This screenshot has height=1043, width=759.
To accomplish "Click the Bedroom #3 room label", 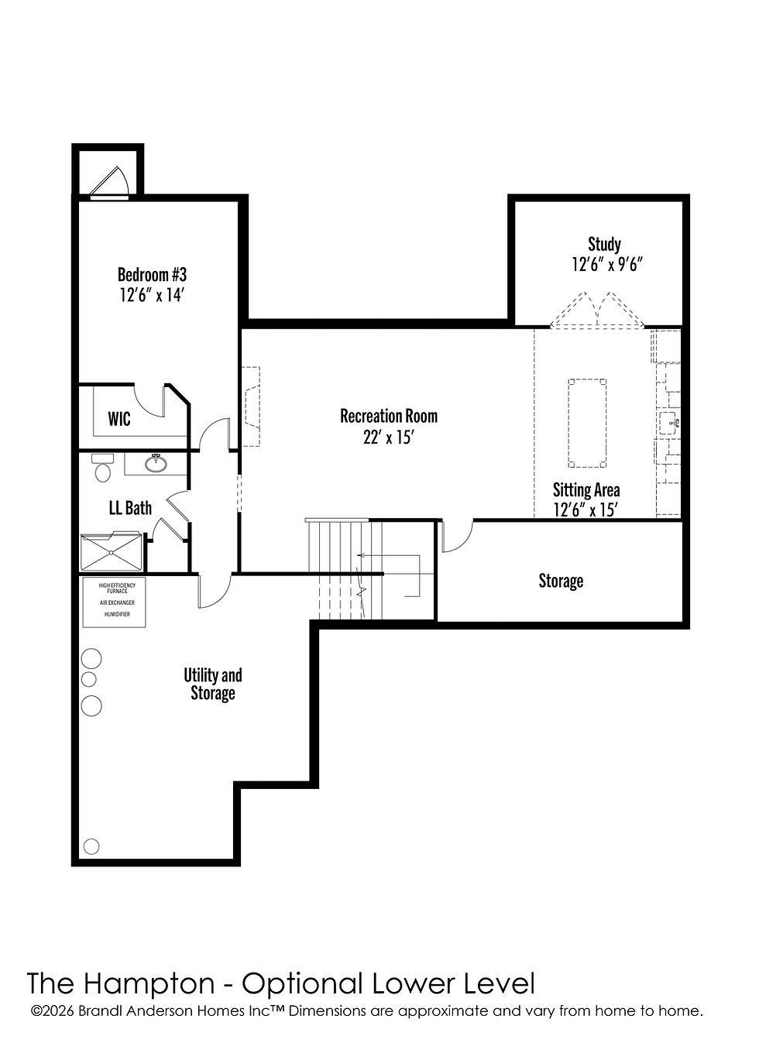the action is [x=152, y=275].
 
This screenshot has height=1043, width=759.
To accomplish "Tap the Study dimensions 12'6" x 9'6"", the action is [x=607, y=265].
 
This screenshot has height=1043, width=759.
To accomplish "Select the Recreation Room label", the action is [x=389, y=416].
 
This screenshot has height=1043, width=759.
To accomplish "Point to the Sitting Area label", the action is [x=586, y=490].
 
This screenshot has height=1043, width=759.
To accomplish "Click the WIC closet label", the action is [x=119, y=419].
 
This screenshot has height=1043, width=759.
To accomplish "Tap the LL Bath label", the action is [x=130, y=507].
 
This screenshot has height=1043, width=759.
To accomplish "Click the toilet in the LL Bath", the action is [x=102, y=468].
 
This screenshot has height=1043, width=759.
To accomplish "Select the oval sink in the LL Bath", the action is [x=156, y=463].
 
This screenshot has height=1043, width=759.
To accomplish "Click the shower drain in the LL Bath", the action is [x=112, y=553].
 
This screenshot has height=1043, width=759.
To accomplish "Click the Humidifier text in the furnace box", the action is [x=117, y=614].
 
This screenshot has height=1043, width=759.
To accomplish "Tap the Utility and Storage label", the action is [x=213, y=684].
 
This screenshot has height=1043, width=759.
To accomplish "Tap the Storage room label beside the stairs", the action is [x=561, y=581].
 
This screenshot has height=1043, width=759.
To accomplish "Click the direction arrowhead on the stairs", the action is [x=360, y=555].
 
